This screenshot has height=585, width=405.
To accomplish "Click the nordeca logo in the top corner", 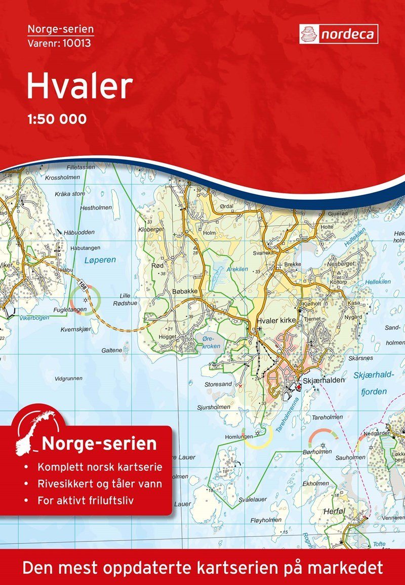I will coord(338,34).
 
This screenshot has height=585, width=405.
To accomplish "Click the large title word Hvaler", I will coord(79,87).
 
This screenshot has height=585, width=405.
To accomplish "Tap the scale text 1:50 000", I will coord(56,119).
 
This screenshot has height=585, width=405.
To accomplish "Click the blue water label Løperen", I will coord(100,260).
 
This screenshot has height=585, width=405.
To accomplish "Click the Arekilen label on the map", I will coord(237,269).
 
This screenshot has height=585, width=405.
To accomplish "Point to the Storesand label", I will coord(219,384).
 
